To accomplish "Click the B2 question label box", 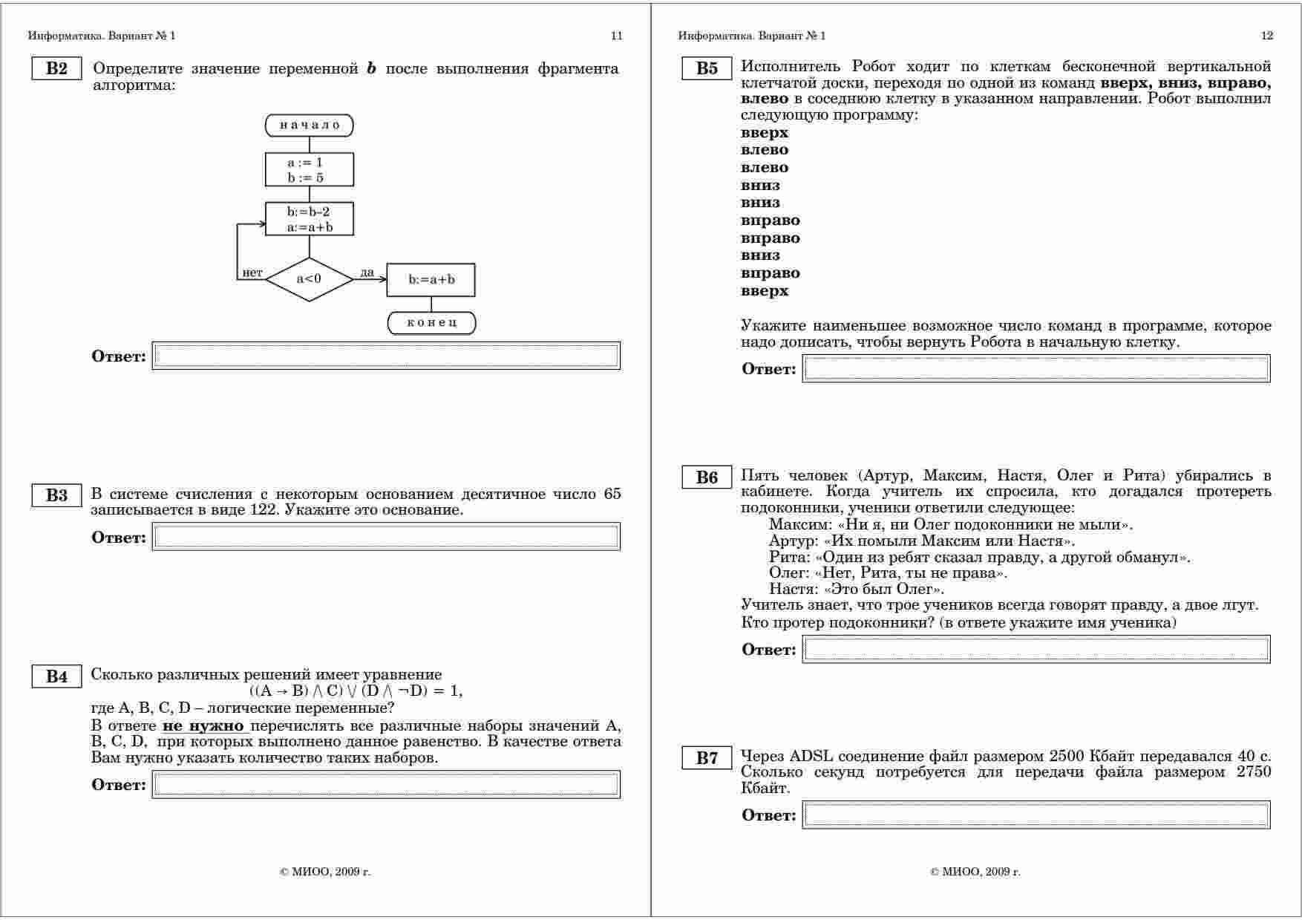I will (56, 69).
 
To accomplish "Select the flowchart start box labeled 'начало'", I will (310, 125).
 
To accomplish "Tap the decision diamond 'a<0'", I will (310, 279).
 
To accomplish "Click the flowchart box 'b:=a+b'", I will (431, 280).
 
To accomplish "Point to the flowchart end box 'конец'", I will (431, 322).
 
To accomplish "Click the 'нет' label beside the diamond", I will (252, 273).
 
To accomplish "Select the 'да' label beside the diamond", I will (367, 273).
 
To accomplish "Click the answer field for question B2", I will (386, 356).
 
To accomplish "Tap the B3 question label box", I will (56, 495).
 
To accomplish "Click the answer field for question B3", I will (386, 537).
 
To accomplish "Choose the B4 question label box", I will (56, 676).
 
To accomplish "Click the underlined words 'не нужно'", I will (203, 725).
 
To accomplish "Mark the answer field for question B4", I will (386, 784).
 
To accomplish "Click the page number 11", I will (616, 36).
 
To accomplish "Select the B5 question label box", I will (707, 69).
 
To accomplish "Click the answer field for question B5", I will (1036, 369).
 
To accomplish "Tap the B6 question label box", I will (707, 477).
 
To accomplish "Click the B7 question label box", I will (707, 758).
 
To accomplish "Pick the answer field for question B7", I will (1036, 815).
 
